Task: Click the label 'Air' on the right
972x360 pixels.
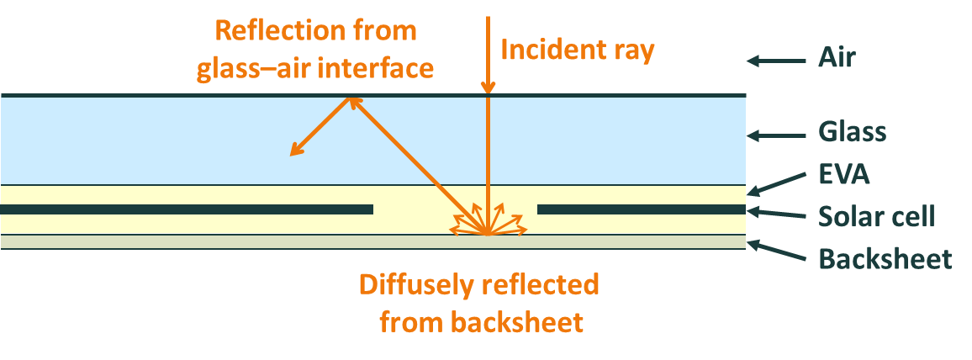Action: [837, 60]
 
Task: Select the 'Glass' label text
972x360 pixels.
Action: [852, 132]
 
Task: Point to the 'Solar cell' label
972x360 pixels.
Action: [876, 216]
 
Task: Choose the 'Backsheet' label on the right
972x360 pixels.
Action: [885, 258]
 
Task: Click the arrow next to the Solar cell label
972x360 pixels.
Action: [777, 214]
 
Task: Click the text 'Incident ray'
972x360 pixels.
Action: [577, 50]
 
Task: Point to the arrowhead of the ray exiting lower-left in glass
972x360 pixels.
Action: [293, 152]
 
